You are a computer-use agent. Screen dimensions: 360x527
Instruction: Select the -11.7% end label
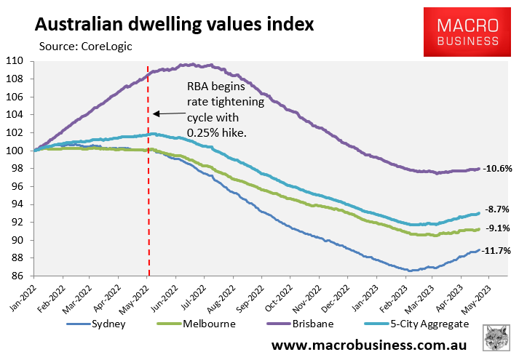point(497,251)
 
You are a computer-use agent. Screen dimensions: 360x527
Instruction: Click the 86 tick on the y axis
point(18,276)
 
